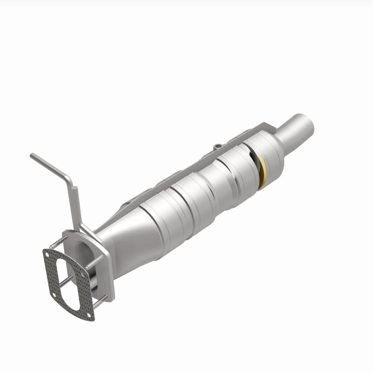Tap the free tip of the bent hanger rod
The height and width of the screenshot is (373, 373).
coord(32,156)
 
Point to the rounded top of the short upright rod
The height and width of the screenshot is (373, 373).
coord(73,188)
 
